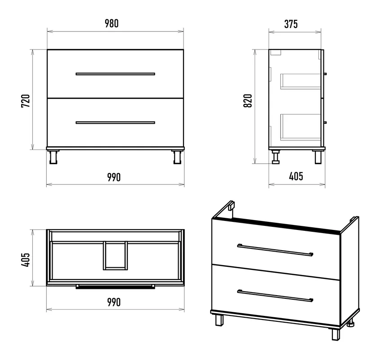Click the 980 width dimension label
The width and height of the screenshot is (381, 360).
click(112, 23)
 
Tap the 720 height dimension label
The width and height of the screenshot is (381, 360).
click(26, 101)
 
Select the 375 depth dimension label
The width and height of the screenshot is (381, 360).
click(291, 24)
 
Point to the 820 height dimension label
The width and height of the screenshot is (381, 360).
click(248, 101)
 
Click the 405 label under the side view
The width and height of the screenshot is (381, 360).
click(296, 176)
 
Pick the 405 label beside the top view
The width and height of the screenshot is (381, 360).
click(26, 260)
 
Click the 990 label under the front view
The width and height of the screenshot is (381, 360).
click(114, 177)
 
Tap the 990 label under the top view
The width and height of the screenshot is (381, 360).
click(114, 302)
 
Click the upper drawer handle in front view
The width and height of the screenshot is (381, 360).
click(115, 74)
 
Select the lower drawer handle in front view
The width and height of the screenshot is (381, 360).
click(115, 122)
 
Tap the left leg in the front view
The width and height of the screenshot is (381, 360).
click(53, 157)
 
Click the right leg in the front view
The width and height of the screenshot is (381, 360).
click(177, 157)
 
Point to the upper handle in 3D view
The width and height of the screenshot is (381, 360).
click(275, 250)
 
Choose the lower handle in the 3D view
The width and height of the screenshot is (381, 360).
click(275, 296)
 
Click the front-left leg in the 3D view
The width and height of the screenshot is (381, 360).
click(219, 320)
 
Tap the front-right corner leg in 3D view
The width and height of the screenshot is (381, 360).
click(336, 334)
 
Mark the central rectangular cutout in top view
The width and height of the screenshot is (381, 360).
click(116, 256)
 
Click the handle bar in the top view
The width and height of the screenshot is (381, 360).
click(115, 287)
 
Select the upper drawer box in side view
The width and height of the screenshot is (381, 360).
click(300, 81)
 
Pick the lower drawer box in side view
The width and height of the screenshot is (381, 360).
click(300, 127)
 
